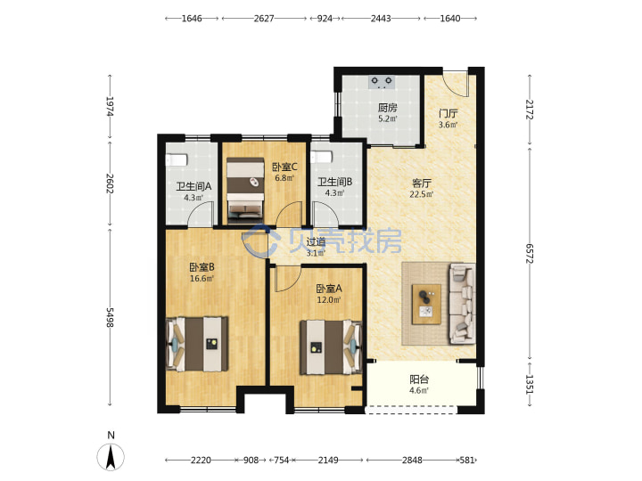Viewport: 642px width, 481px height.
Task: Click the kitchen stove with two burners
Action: tap(382, 82)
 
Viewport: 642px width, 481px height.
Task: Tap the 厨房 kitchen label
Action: tap(387, 108)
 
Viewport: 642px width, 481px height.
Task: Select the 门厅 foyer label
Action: tap(449, 113)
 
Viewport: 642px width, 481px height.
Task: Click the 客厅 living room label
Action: tap(421, 183)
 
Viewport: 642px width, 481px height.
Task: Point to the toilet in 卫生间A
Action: tap(177, 159)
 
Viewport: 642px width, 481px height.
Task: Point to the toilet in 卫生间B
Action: tap(321, 157)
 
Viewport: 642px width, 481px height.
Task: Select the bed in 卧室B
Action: tap(197, 344)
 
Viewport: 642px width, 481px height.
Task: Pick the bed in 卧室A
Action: tap(331, 347)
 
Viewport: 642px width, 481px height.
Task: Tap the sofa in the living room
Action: tap(462, 303)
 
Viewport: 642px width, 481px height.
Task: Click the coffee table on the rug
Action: tap(426, 305)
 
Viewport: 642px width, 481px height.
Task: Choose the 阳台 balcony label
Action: tap(419, 379)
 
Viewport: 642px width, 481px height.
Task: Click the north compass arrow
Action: tap(111, 456)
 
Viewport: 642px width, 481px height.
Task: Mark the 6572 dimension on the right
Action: tap(530, 254)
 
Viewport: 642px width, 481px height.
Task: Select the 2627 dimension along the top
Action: tap(264, 19)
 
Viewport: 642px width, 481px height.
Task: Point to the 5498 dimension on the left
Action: tap(110, 317)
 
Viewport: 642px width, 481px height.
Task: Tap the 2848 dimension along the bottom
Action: tap(411, 461)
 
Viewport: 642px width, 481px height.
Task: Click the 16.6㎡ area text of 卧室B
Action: tap(202, 279)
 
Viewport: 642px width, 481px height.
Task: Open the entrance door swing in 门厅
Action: tap(457, 85)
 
